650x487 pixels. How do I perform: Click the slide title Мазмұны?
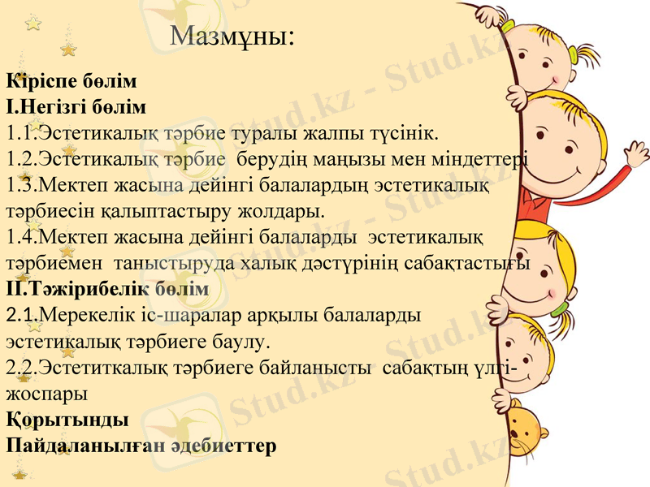[233, 37]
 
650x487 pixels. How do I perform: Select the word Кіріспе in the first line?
[40, 81]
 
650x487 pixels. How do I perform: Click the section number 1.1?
[21, 132]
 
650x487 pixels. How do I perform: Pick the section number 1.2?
[21, 158]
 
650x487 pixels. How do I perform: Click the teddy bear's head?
[524, 430]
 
